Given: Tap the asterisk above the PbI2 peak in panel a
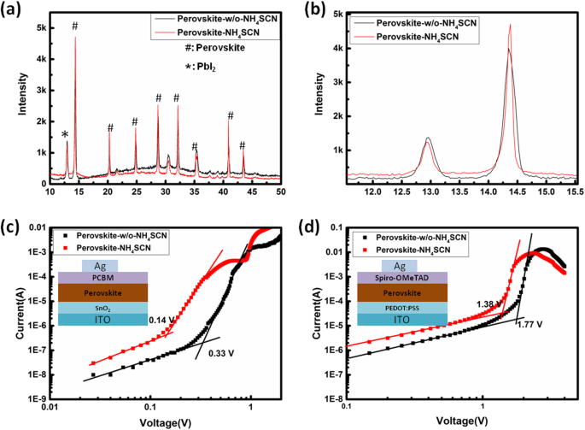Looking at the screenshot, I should point(65,134).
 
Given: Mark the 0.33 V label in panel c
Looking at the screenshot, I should point(222,352).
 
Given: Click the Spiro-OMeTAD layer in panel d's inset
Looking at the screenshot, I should point(394,276).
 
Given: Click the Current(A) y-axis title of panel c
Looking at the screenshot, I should point(12,312).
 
